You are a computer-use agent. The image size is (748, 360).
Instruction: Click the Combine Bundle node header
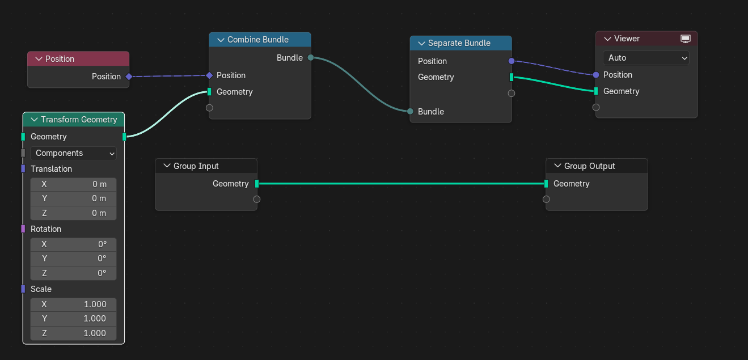[x=260, y=40]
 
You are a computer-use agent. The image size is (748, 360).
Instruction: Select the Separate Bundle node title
[x=459, y=43]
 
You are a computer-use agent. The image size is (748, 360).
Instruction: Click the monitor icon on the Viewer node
[x=686, y=39]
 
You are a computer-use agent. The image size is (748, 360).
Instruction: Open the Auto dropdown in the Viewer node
[x=646, y=58]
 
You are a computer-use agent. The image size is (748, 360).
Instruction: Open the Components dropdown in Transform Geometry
[x=74, y=153]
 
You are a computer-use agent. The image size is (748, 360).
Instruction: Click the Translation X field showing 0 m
[x=74, y=184]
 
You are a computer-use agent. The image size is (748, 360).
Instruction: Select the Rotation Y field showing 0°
[x=74, y=259]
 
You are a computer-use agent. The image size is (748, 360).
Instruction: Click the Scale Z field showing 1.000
[x=74, y=333]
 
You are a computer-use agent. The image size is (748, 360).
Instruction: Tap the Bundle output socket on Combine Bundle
[x=311, y=57]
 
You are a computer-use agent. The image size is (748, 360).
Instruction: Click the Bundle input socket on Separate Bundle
[x=410, y=111]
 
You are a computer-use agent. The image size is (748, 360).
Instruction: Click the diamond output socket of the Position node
[x=129, y=77]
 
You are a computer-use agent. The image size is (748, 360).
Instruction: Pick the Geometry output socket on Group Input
[x=257, y=183]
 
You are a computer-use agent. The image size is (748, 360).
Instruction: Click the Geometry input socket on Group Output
[x=546, y=183]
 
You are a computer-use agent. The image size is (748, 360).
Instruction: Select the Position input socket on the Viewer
[x=596, y=75]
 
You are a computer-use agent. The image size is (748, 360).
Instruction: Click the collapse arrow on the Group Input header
[x=167, y=166]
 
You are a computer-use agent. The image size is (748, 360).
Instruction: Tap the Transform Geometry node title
[x=79, y=120]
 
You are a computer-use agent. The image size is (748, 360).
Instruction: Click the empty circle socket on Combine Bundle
[x=209, y=108]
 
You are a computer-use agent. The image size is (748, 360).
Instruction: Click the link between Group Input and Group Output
[x=402, y=183]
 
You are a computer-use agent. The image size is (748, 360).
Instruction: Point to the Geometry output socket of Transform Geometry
[x=124, y=137]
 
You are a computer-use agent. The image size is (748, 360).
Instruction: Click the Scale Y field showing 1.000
[x=74, y=319]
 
